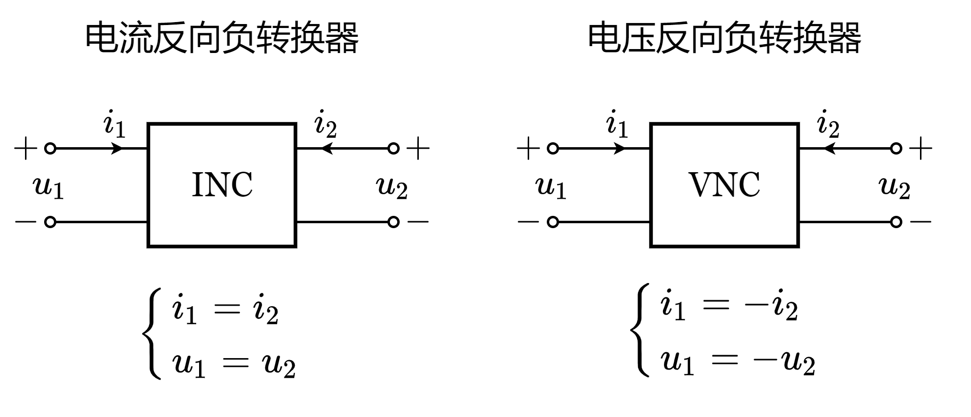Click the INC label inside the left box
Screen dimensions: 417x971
click(222, 185)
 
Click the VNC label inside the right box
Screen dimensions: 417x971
click(724, 185)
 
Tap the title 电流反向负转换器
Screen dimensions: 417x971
click(222, 38)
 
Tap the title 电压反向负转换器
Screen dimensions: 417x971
click(724, 38)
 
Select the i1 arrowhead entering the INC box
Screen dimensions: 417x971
click(118, 148)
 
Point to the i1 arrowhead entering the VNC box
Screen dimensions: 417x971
click(620, 148)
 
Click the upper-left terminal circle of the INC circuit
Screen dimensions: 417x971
click(50, 148)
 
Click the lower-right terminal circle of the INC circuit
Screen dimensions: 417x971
click(393, 222)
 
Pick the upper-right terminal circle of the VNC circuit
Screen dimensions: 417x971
click(896, 148)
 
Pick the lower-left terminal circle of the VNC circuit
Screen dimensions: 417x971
click(553, 222)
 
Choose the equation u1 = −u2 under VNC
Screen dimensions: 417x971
click(738, 362)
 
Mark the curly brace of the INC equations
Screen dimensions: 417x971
click(152, 334)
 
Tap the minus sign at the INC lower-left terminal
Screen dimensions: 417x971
click(26, 222)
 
